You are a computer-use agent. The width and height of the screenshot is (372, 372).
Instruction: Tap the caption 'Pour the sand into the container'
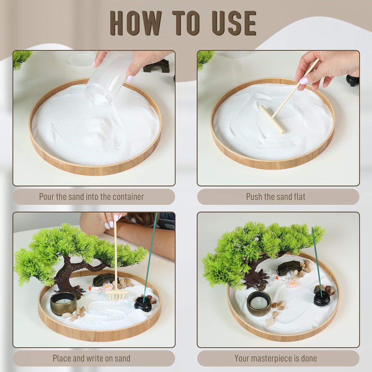click(x=91, y=197)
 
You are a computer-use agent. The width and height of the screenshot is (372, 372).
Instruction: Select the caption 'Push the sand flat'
click(x=276, y=197)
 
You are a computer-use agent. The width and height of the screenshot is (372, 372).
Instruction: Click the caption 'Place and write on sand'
click(x=91, y=358)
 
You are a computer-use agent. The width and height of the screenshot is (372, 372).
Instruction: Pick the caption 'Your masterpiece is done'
click(x=276, y=358)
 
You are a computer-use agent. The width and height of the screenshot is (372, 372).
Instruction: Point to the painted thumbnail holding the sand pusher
click(x=304, y=80)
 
